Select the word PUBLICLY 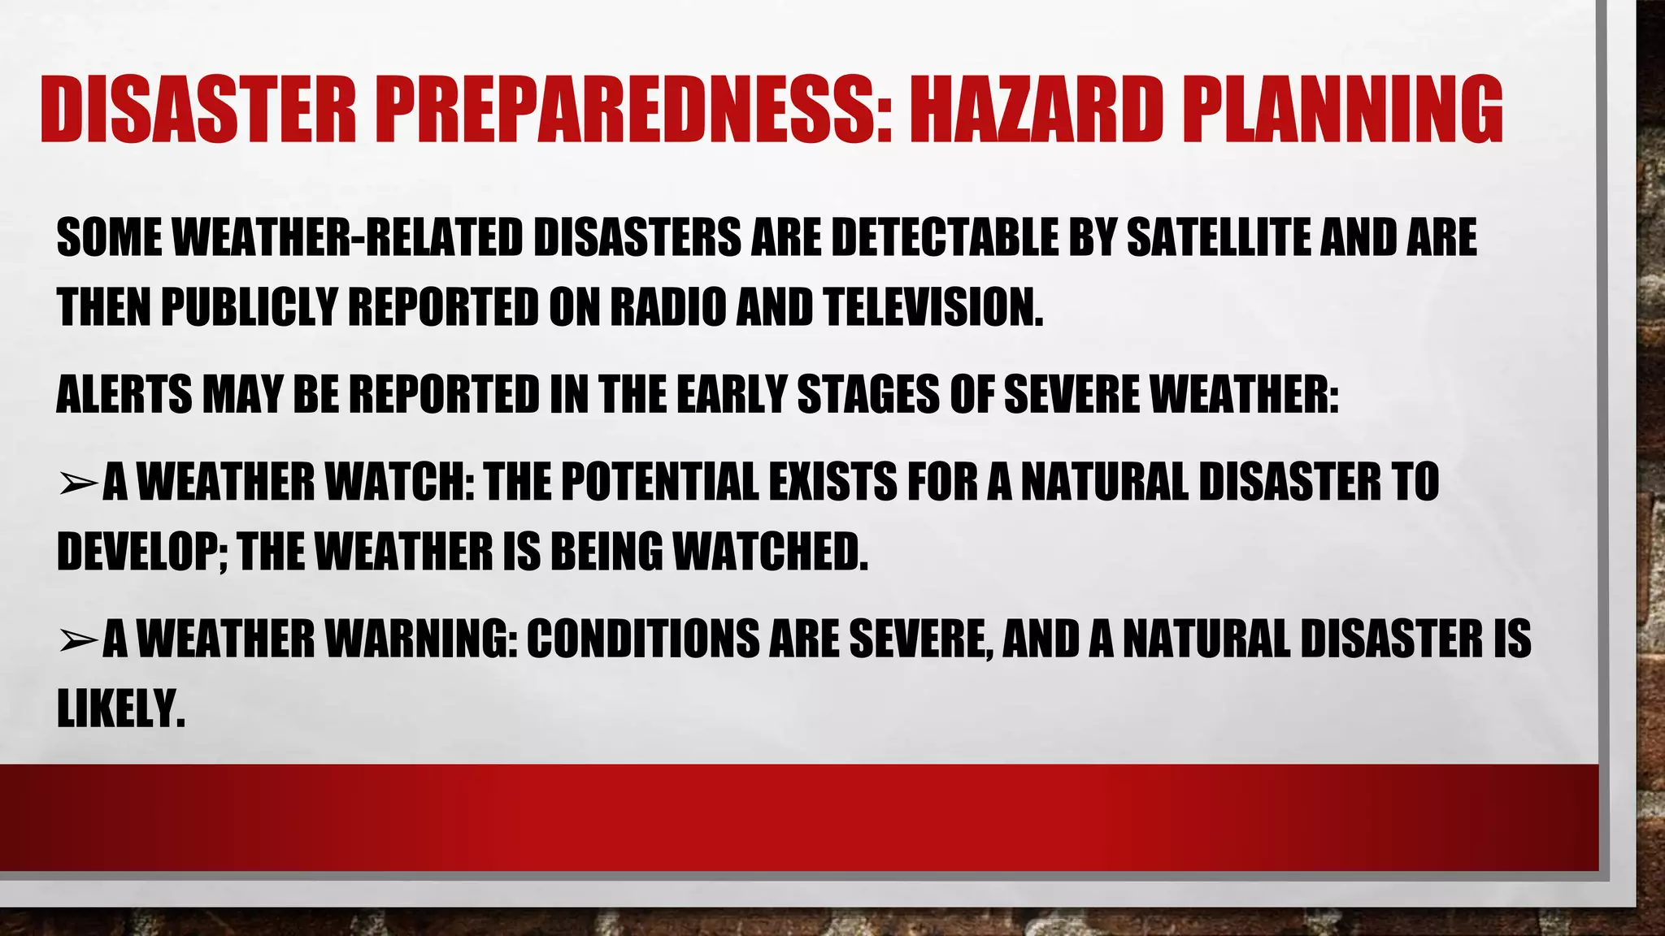pyautogui.click(x=249, y=308)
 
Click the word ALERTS pyautogui.click(x=123, y=395)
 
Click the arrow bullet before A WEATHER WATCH pyautogui.click(x=78, y=483)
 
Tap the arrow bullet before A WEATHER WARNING pyautogui.click(x=78, y=640)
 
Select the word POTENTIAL pyautogui.click(x=659, y=482)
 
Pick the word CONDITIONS pyautogui.click(x=641, y=639)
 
